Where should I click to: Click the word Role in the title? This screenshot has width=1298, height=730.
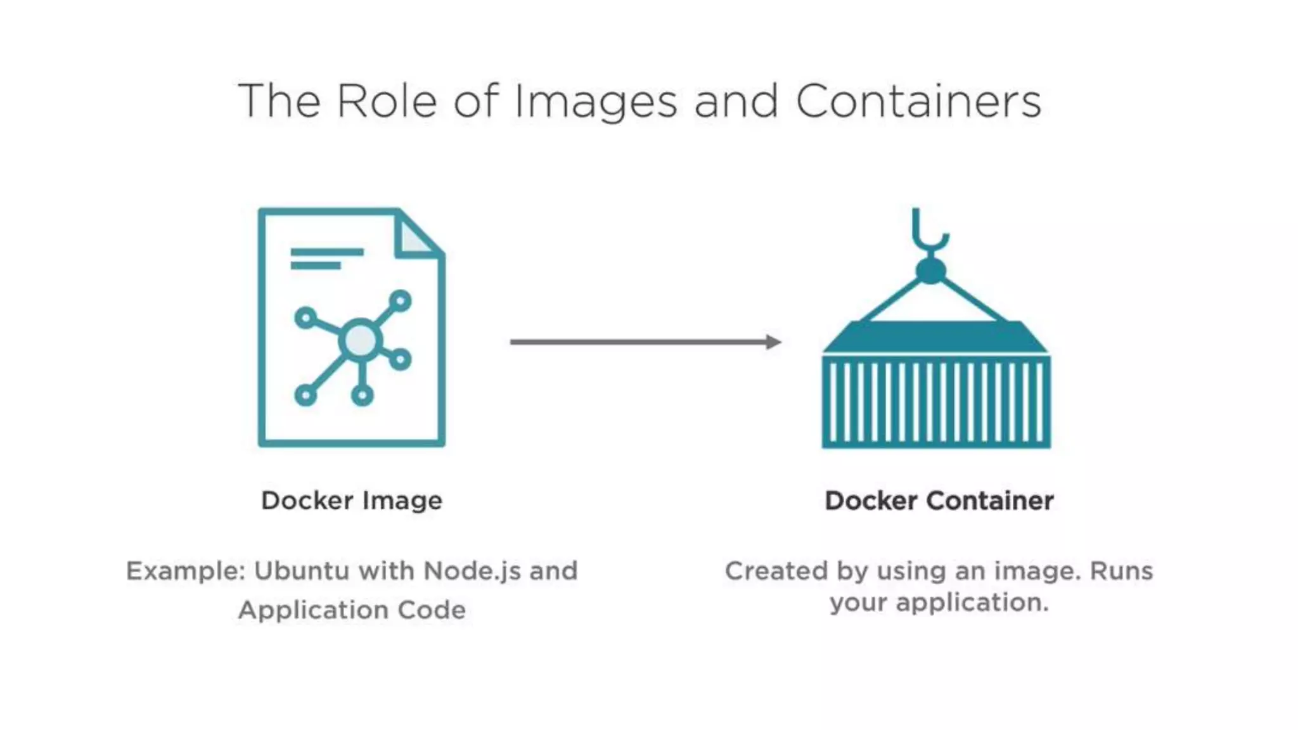tap(387, 101)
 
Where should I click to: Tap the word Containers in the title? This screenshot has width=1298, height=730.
tap(918, 101)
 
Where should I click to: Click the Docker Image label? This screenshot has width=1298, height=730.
tap(352, 501)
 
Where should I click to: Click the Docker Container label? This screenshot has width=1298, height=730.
tap(939, 501)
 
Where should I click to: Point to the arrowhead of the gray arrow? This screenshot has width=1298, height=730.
tap(773, 342)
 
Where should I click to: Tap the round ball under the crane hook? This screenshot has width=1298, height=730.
tap(931, 271)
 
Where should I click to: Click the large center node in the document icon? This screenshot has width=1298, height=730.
tap(361, 340)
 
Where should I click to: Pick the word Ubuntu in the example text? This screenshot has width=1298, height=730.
tap(302, 571)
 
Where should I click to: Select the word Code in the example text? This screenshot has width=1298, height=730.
tap(432, 610)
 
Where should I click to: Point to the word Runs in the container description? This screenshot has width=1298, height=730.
tap(1121, 571)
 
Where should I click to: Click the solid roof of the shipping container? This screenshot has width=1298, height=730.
tap(935, 337)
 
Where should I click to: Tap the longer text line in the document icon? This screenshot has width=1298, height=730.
tap(327, 252)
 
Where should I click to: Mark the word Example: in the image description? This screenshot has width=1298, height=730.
tap(186, 571)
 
